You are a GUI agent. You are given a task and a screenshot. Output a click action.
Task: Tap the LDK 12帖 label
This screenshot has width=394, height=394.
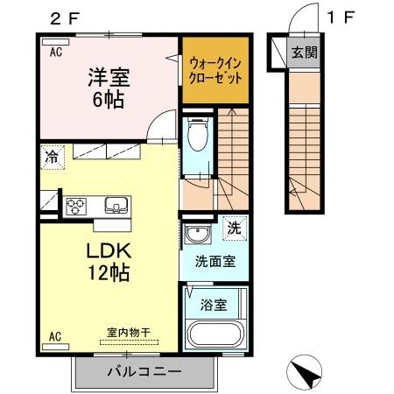(x=108, y=260)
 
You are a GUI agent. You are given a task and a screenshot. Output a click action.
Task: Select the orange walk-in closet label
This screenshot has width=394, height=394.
(x=215, y=68)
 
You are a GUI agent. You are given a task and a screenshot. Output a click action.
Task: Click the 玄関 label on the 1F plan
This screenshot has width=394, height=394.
(x=305, y=53)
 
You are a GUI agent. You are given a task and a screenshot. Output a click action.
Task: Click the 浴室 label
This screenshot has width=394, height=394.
(x=215, y=307)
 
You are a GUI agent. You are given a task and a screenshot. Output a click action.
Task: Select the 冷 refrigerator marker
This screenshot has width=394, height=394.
(x=53, y=158)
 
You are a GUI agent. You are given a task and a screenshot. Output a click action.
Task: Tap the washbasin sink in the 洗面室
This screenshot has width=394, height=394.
(x=197, y=235)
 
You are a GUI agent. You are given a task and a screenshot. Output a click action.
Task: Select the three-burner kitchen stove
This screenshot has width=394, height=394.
(x=75, y=207)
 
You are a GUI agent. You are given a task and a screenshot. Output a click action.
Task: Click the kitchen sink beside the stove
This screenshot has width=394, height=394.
(x=115, y=206)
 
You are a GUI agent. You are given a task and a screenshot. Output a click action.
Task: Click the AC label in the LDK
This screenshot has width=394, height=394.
(x=55, y=335)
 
